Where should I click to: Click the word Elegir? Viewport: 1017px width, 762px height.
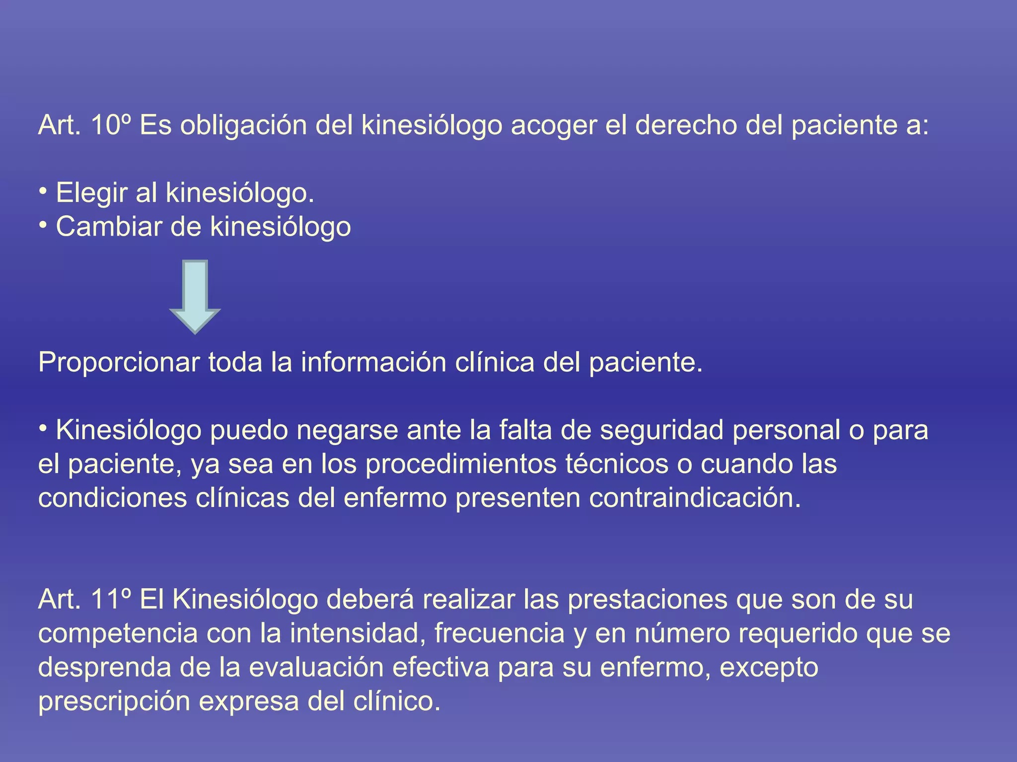click(91, 193)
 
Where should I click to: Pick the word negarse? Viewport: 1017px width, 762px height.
click(347, 430)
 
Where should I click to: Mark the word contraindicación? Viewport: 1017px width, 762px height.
click(695, 498)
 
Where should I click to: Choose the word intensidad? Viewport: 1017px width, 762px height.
click(358, 634)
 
